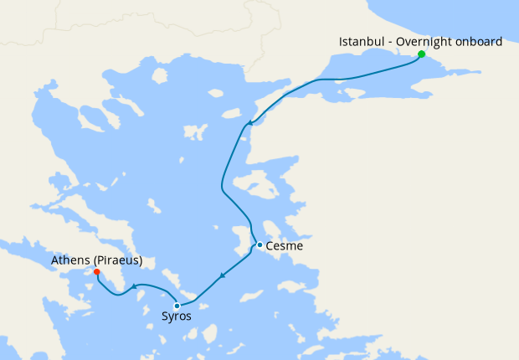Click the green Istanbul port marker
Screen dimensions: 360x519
pos(421,54)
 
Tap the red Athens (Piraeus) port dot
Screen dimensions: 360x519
pos(97,272)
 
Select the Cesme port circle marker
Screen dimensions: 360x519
pos(260,245)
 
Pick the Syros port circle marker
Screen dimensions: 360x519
pos(177,306)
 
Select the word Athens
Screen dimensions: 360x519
pos(69,260)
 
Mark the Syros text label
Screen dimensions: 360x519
pos(177,317)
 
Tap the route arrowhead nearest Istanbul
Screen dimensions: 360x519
pos(249,124)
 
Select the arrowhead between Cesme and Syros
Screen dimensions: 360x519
pos(221,275)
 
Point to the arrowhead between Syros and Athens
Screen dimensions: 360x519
pos(134,288)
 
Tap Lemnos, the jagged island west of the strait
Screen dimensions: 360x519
pos(194,132)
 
